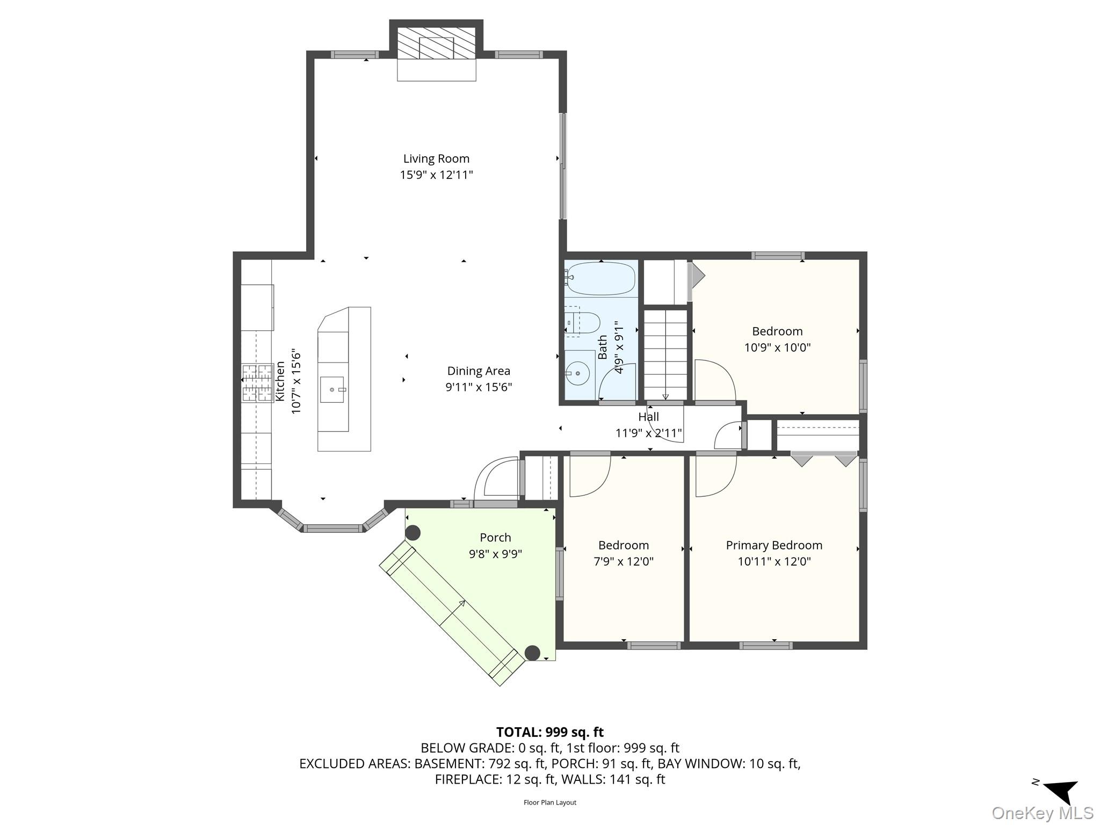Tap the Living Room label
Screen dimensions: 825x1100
(436, 158)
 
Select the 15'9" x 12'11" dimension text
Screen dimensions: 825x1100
(436, 175)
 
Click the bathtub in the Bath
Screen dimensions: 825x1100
(600, 278)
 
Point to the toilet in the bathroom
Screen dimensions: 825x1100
(584, 322)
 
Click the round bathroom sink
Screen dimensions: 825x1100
(578, 372)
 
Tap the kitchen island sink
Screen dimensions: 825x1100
(332, 389)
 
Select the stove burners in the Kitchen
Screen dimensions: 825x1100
(257, 383)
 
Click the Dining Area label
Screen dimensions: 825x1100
(479, 371)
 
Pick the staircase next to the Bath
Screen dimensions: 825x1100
(665, 354)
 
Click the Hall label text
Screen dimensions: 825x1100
(648, 416)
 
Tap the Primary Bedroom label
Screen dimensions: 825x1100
(774, 545)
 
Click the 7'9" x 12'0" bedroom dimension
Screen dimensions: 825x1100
(623, 561)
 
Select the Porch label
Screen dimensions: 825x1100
(495, 537)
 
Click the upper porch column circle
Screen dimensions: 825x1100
(412, 533)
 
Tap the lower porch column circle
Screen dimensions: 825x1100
(532, 653)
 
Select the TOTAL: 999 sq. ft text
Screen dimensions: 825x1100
(549, 732)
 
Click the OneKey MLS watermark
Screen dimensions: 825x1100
(1042, 813)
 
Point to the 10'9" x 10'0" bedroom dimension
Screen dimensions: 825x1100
(777, 347)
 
